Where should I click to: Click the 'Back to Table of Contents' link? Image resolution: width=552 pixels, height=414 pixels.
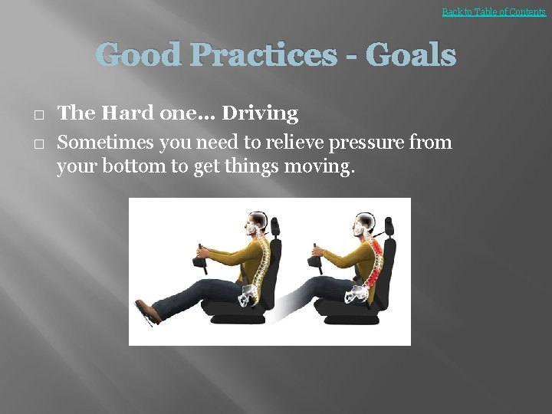(494, 12)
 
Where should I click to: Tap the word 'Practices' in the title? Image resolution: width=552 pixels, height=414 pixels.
(272, 55)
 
